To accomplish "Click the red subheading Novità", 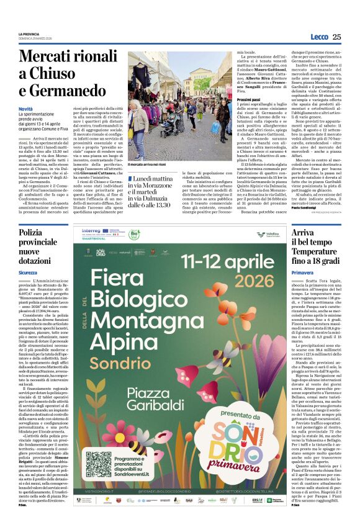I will coord(25,109).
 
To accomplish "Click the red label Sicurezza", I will coord(28,273).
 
